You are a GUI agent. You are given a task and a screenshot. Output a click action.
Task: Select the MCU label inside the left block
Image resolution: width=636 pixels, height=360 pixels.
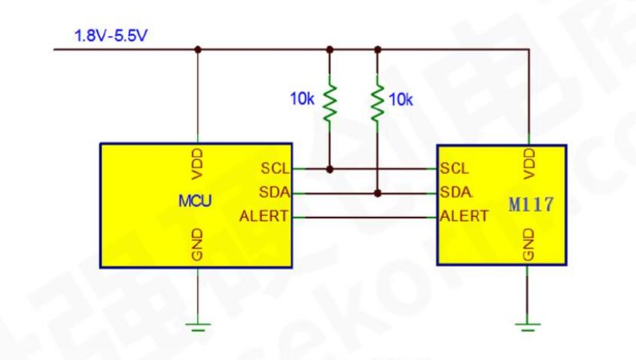tap(195, 201)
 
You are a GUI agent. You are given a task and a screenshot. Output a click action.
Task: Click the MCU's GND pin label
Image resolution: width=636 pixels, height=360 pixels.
tap(198, 243)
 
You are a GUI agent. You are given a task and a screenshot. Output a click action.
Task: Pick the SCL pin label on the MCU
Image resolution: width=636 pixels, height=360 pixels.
tap(274, 168)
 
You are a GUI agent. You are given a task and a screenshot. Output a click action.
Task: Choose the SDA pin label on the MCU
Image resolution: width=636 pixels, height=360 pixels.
tap(274, 193)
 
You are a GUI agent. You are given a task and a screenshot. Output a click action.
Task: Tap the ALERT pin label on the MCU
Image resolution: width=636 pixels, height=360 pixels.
tap(263, 217)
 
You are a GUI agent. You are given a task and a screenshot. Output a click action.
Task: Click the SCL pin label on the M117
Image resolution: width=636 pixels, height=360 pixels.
tap(455, 168)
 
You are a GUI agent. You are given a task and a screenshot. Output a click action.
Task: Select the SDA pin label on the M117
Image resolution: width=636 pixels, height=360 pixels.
tap(456, 193)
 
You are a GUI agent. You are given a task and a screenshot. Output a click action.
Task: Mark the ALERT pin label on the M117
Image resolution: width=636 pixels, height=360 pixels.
tap(464, 217)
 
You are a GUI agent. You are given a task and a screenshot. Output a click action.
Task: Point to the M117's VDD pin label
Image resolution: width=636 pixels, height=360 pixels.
tap(529, 163)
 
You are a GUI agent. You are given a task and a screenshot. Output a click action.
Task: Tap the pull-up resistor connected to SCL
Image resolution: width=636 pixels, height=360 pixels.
tap(329, 103)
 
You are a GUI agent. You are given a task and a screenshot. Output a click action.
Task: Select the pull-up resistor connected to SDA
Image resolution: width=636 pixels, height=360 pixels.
tap(378, 103)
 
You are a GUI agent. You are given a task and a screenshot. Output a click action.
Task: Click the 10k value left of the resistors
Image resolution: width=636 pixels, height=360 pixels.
tap(303, 98)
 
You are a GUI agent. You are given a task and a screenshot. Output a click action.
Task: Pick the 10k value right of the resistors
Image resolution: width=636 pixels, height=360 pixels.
tap(403, 98)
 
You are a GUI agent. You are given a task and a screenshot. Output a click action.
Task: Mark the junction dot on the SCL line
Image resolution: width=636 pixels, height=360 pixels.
tap(329, 169)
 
